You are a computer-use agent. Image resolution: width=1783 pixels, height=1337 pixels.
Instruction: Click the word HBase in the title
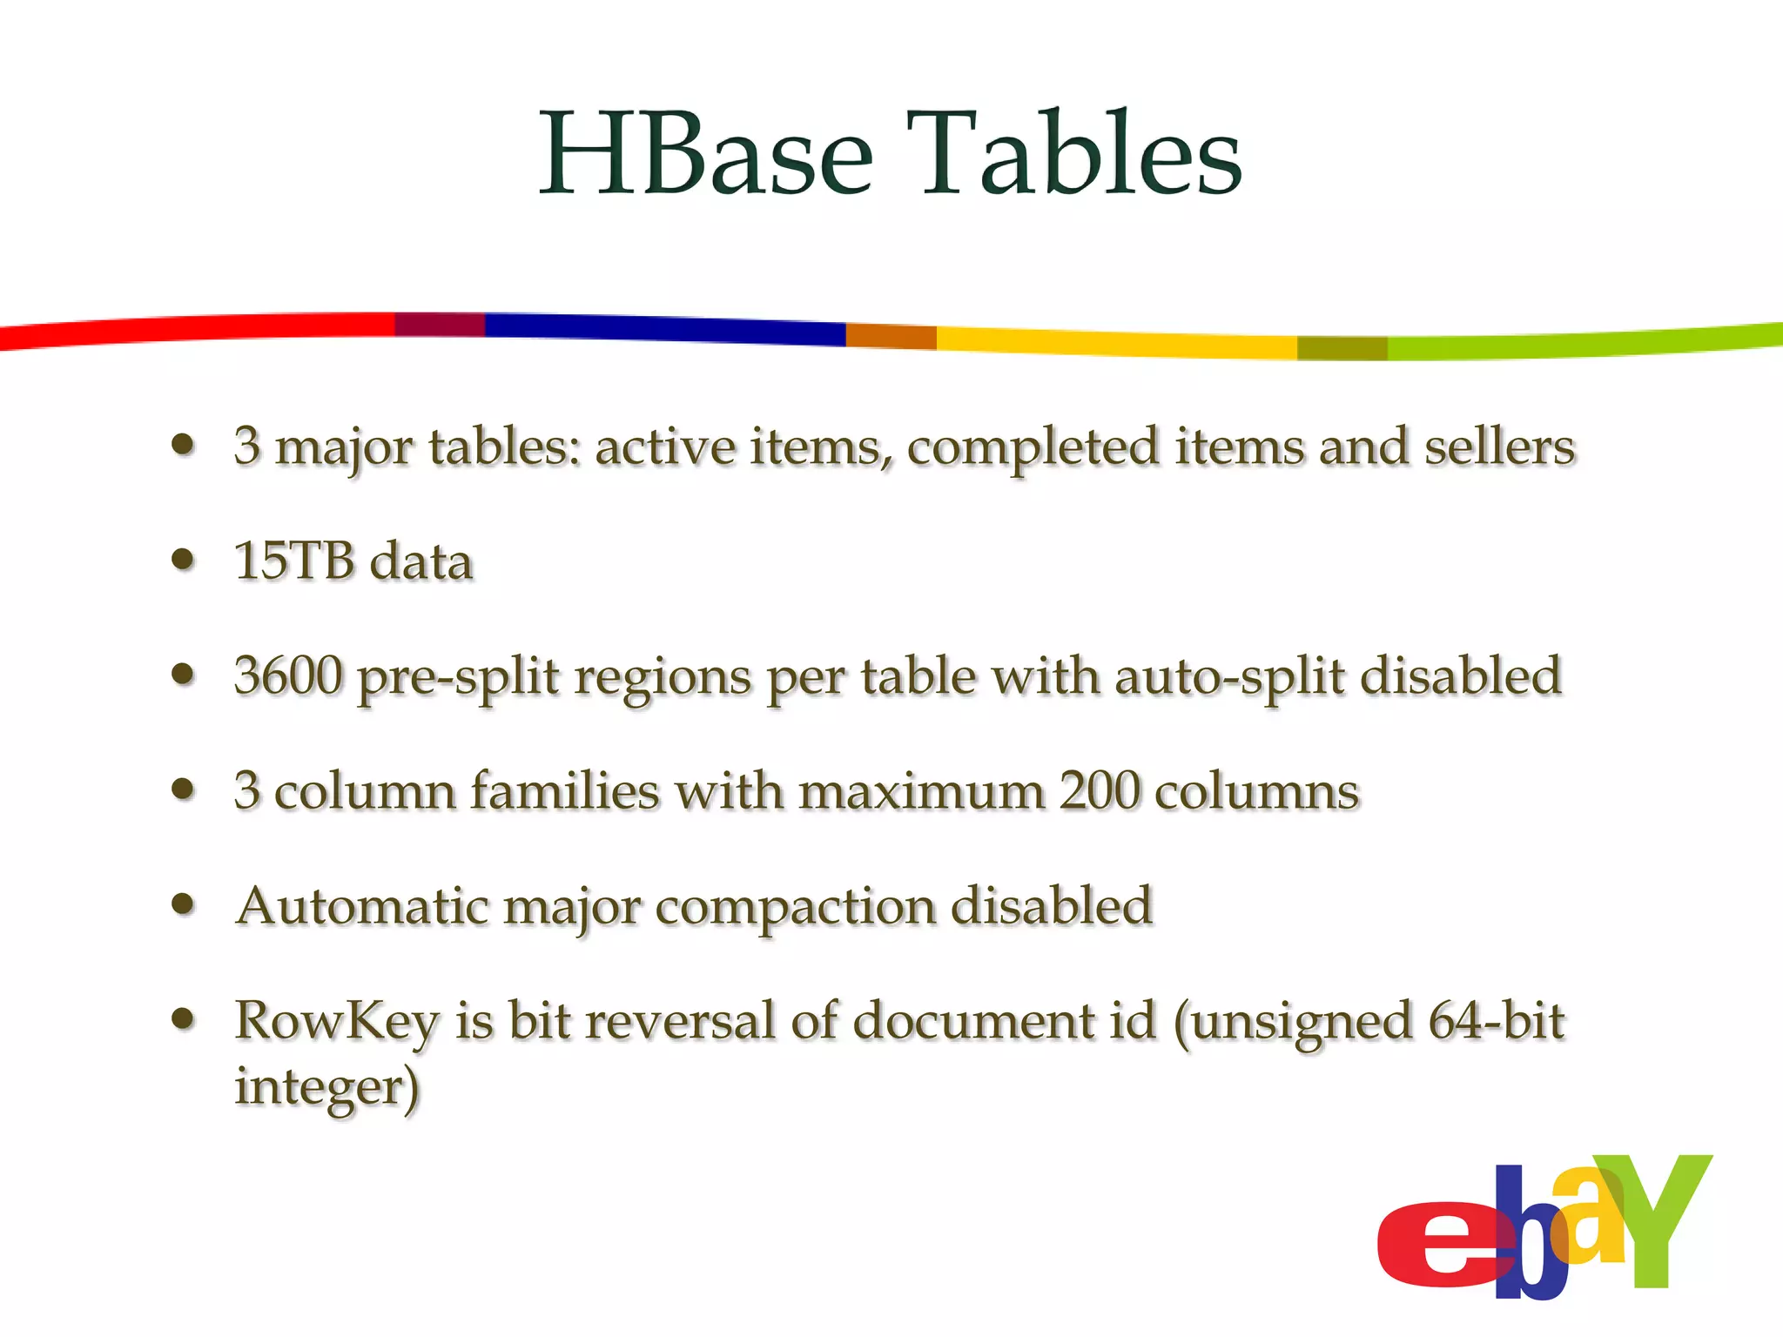pyautogui.click(x=706, y=154)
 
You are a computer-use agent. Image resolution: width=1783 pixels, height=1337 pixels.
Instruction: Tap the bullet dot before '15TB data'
pyautogui.click(x=183, y=559)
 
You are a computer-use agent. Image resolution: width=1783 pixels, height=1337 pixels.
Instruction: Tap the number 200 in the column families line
pyautogui.click(x=1100, y=790)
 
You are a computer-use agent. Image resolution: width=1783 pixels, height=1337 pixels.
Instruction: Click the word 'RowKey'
pyautogui.click(x=337, y=1022)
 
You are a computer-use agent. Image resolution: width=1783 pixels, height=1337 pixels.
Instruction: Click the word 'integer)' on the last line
pyautogui.click(x=326, y=1088)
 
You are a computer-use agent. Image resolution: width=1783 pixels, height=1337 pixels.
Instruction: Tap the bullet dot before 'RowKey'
pyautogui.click(x=183, y=1018)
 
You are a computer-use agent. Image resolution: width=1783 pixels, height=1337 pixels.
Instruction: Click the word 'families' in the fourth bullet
pyautogui.click(x=565, y=790)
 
